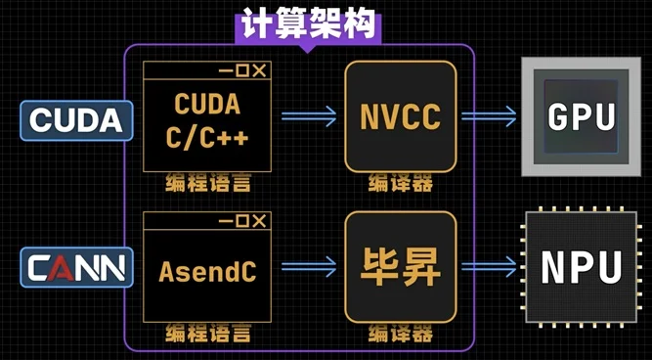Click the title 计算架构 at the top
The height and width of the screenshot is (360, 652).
(x=307, y=25)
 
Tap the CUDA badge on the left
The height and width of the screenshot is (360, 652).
(x=76, y=120)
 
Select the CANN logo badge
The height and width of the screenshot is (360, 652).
(x=76, y=266)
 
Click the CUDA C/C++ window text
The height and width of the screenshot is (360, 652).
(x=207, y=121)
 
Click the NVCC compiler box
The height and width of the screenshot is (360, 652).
(x=400, y=117)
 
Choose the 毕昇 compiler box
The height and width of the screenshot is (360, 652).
(x=400, y=265)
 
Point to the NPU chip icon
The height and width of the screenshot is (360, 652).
(x=582, y=266)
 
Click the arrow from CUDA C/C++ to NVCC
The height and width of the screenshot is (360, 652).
(x=306, y=117)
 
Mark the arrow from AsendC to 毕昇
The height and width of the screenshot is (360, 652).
(x=306, y=266)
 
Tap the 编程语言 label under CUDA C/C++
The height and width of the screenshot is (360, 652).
(x=207, y=183)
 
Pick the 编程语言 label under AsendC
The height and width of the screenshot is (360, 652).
(x=207, y=333)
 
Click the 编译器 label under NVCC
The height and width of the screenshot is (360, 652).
(x=400, y=183)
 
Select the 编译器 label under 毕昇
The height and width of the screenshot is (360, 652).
(x=400, y=333)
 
